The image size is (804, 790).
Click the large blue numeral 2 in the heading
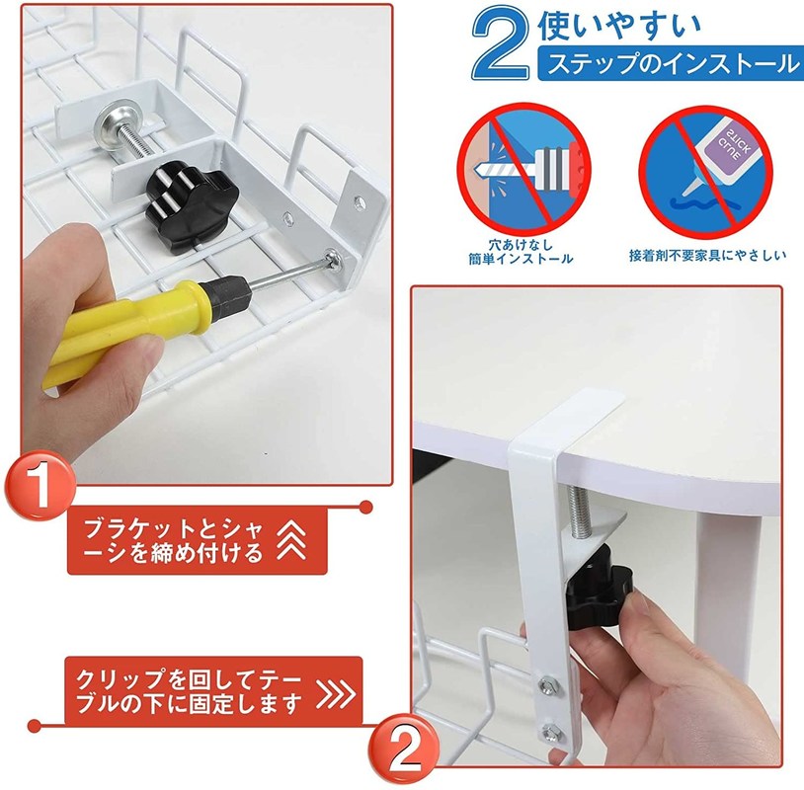(x=501, y=43)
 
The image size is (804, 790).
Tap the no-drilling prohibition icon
(x=523, y=167)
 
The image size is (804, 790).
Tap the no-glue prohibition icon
(x=705, y=172)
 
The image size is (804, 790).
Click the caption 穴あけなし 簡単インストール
(x=520, y=251)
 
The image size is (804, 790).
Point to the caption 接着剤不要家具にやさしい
(x=707, y=255)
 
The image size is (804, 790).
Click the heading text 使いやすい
(x=619, y=26)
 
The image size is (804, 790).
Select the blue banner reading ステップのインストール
(x=671, y=64)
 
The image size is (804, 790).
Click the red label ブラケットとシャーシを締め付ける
(x=197, y=541)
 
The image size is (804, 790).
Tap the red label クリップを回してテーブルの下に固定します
(x=213, y=690)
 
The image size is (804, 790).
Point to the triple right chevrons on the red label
(x=337, y=695)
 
